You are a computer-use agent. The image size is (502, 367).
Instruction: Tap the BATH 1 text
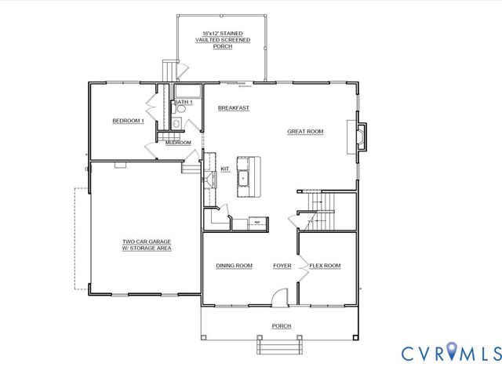click(x=184, y=103)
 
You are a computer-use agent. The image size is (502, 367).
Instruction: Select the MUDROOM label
click(x=178, y=143)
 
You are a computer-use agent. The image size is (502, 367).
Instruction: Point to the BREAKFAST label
click(x=234, y=107)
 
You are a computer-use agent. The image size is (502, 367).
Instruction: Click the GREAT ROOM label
click(x=305, y=132)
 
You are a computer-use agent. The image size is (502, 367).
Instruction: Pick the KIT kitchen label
click(x=224, y=168)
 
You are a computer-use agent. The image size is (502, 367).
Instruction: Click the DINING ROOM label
click(x=234, y=266)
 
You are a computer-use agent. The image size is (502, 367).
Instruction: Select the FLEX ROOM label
click(x=324, y=266)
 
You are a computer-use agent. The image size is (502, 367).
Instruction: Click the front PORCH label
click(x=281, y=326)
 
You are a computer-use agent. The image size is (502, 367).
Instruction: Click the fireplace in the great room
click(x=359, y=137)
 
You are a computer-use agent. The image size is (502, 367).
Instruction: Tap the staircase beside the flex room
click(x=320, y=209)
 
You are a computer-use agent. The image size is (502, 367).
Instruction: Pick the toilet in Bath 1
click(x=177, y=123)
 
